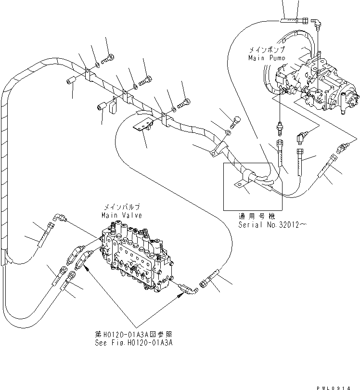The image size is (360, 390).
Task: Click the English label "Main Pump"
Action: (266, 58)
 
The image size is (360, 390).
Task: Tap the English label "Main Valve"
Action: (121, 215)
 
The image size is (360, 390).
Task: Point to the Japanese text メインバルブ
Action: (122, 208)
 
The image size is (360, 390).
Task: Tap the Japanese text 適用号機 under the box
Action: (252, 217)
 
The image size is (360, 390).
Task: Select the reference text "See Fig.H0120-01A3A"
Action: (134, 343)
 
